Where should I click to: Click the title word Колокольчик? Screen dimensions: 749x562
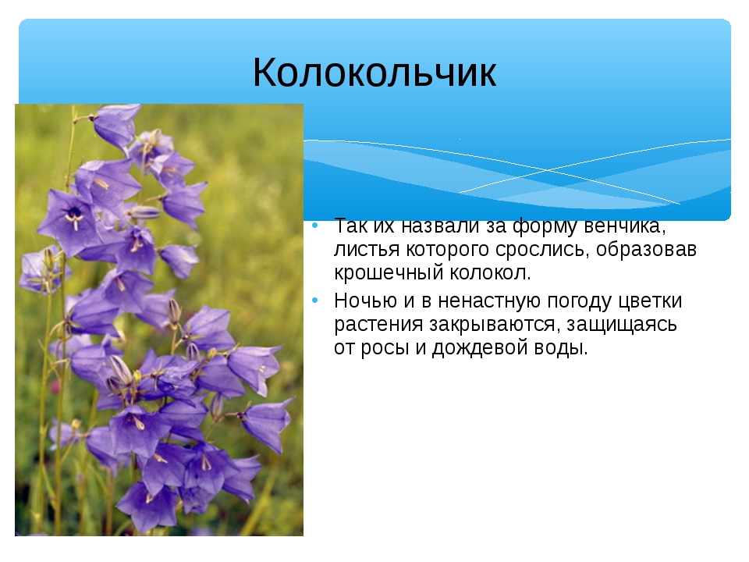[x=374, y=72]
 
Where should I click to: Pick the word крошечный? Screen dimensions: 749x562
[x=389, y=273]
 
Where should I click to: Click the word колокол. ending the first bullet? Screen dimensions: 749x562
[x=490, y=273]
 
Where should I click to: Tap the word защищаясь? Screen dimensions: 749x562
[x=622, y=325]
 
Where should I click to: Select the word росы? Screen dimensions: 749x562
[x=385, y=348]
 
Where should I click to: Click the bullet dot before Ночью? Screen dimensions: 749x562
[x=314, y=301]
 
